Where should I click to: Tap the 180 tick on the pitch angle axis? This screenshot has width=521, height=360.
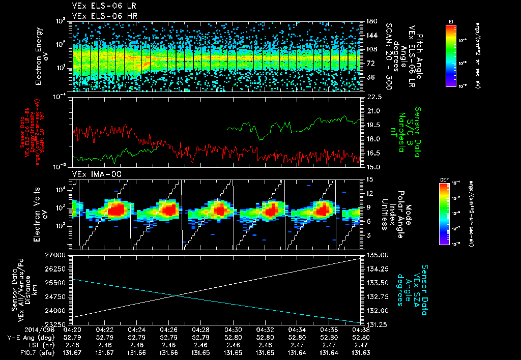point(371,21)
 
